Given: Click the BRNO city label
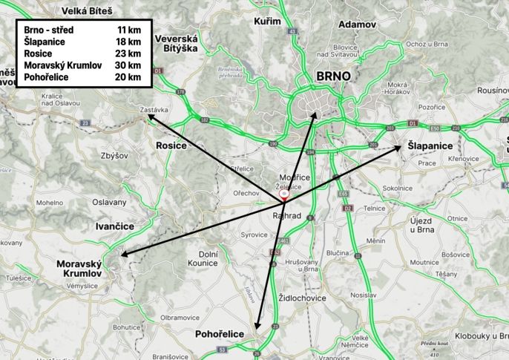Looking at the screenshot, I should point(332,76).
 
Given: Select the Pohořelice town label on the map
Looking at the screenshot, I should point(219,335).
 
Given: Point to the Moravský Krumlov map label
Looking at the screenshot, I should point(78,269).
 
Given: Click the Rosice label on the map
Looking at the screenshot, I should point(171,146).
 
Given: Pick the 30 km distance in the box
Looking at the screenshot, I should point(128,65).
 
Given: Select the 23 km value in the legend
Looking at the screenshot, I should point(128,53).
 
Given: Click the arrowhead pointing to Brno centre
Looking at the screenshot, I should point(315,115).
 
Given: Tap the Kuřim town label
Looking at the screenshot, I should point(267,21).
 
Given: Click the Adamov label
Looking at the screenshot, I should point(357,24).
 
